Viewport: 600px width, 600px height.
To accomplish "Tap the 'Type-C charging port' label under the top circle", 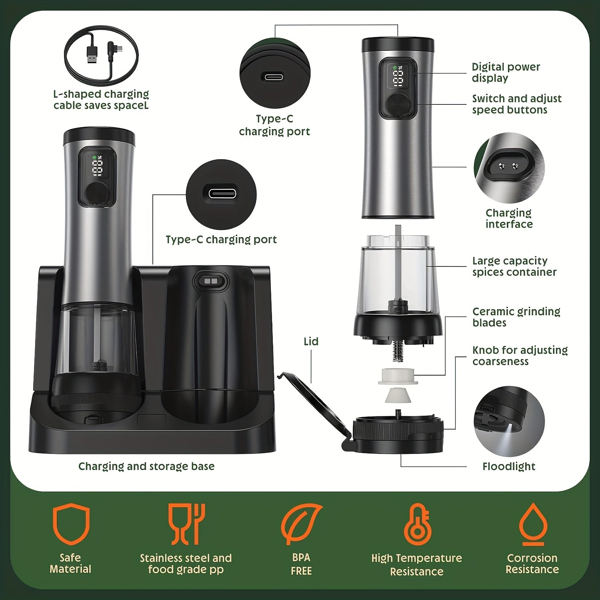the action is (274, 125).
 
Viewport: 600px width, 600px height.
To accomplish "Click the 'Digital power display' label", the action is (506, 72).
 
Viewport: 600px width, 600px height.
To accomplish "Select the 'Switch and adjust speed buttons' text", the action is (517, 104).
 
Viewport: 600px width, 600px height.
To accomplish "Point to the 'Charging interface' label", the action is (509, 218).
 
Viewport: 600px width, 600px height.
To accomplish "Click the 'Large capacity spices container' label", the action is (514, 266).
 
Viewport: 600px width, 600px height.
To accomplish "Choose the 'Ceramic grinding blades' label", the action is (516, 317).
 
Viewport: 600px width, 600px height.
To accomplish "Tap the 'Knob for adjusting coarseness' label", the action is (520, 356).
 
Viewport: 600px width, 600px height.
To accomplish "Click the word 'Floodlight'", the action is (509, 466).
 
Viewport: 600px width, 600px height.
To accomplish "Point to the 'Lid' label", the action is (311, 341).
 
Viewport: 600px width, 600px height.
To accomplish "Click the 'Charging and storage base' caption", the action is (146, 466).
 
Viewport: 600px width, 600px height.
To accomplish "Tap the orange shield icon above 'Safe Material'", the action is (71, 524).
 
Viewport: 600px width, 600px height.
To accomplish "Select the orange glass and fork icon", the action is (186, 524).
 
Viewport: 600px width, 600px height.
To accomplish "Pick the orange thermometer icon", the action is (417, 524).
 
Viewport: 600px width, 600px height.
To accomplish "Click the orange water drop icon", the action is (532, 524).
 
